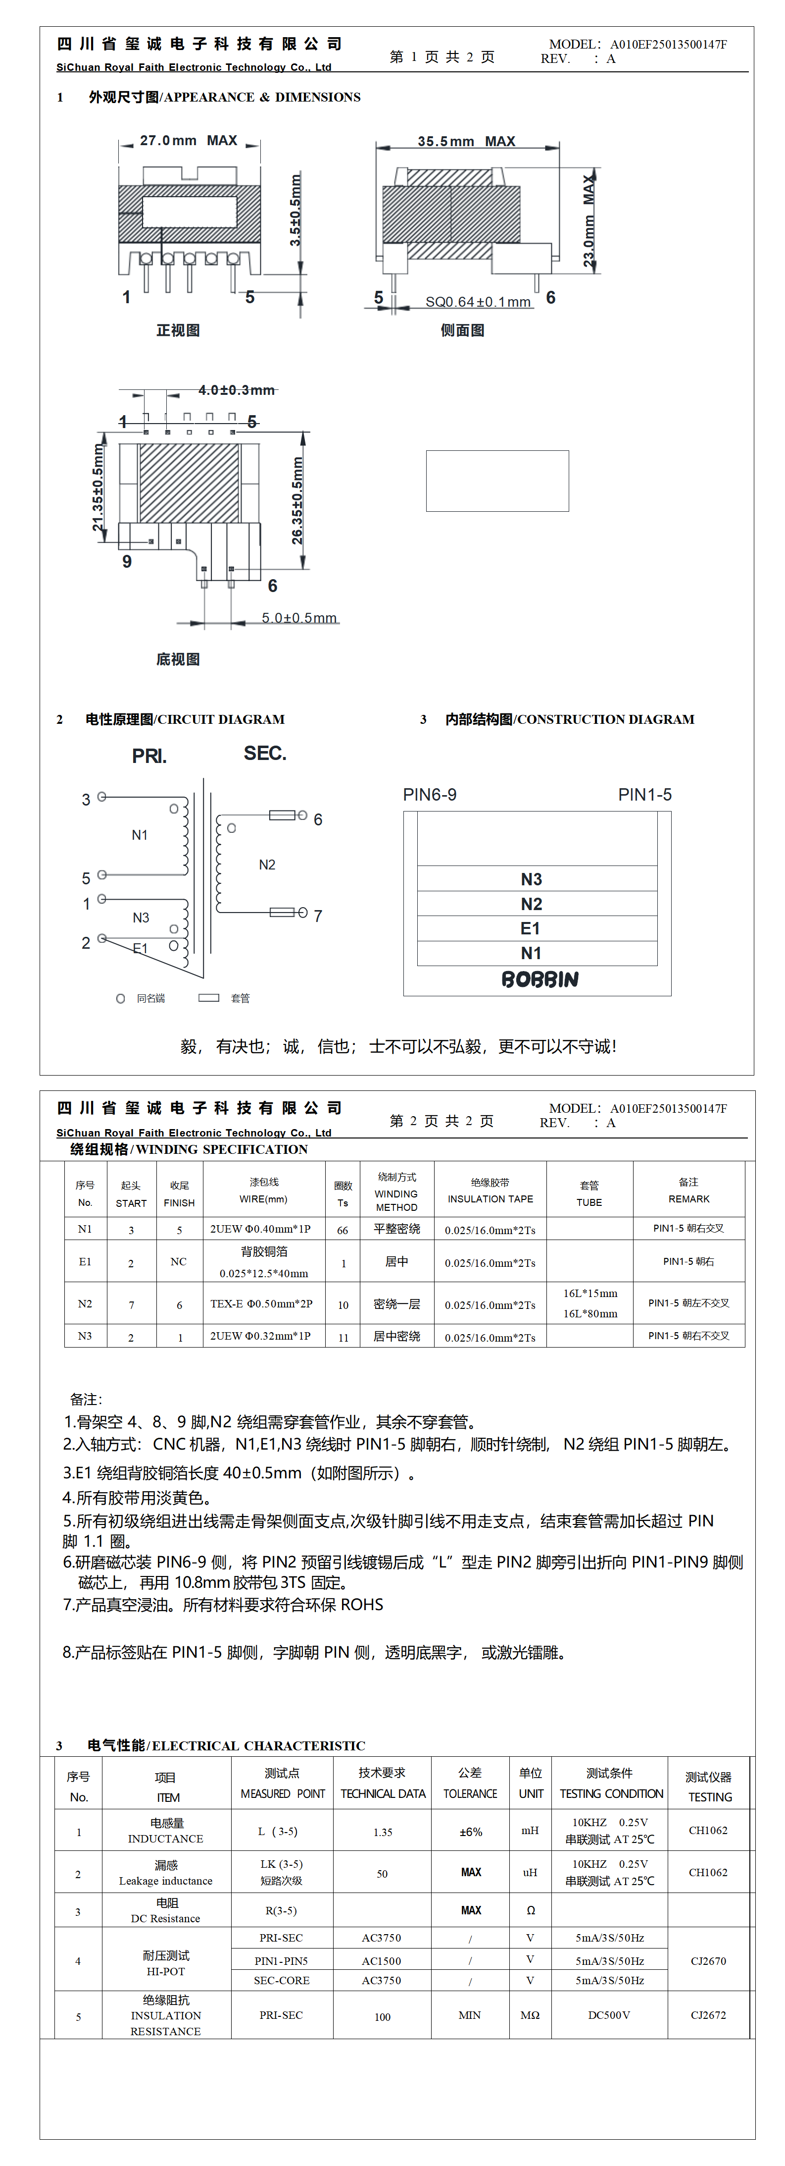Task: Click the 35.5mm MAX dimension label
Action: click(x=466, y=141)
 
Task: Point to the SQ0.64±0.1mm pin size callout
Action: click(x=478, y=302)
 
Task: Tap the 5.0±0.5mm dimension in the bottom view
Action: click(x=299, y=618)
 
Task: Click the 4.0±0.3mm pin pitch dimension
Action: click(x=236, y=390)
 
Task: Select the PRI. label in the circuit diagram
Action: click(x=149, y=756)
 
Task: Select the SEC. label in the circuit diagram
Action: click(x=265, y=754)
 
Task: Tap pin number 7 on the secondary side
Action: click(x=318, y=916)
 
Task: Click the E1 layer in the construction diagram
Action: click(x=530, y=928)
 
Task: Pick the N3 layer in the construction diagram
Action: click(x=531, y=879)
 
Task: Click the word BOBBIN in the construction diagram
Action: click(x=540, y=979)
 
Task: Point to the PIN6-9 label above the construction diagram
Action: click(x=430, y=795)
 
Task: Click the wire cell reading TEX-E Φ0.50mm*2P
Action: click(x=261, y=1304)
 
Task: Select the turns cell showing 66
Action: click(x=343, y=1230)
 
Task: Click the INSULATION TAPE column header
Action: click(x=490, y=1199)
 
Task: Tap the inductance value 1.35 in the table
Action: click(x=383, y=1832)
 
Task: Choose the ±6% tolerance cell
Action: click(x=471, y=1832)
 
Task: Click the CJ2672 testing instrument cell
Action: click(x=708, y=2015)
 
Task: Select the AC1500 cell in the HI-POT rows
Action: click(x=382, y=1961)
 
